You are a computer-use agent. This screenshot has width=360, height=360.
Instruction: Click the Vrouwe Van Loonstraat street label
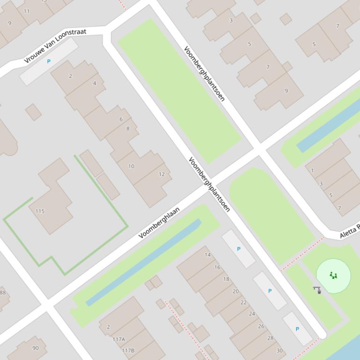tap(55, 46)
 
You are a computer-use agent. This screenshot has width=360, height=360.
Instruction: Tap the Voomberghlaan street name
tap(159, 223)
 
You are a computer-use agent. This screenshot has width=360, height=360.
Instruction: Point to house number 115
tap(40, 211)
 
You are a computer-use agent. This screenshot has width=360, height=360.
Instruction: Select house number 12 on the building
tap(162, 174)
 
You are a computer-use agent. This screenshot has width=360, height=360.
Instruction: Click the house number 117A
tap(119, 339)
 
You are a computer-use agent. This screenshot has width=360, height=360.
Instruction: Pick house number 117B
tap(128, 350)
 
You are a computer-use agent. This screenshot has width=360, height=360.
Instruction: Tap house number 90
tap(36, 348)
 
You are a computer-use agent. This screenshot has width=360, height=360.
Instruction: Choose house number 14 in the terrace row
tap(207, 255)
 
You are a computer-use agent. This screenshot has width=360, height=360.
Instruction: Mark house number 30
tap(279, 351)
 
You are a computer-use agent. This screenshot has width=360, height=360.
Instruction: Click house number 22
tap(243, 302)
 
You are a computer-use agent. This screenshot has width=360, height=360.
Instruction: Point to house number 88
tap(3, 293)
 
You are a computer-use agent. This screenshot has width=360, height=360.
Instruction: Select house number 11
tap(26, 11)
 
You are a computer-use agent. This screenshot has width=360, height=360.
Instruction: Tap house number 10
tap(131, 166)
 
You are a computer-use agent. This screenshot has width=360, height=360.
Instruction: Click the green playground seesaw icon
tap(333, 275)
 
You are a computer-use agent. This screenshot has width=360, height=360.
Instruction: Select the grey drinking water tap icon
tap(317, 290)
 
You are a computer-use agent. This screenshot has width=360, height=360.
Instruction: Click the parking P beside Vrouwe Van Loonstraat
tap(49, 61)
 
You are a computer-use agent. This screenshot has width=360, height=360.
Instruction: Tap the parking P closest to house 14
tap(239, 249)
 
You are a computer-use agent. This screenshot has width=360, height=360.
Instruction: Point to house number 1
tap(312, 171)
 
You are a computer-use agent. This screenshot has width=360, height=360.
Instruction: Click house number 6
tap(121, 119)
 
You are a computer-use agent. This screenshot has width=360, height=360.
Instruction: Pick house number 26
tap(261, 326)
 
